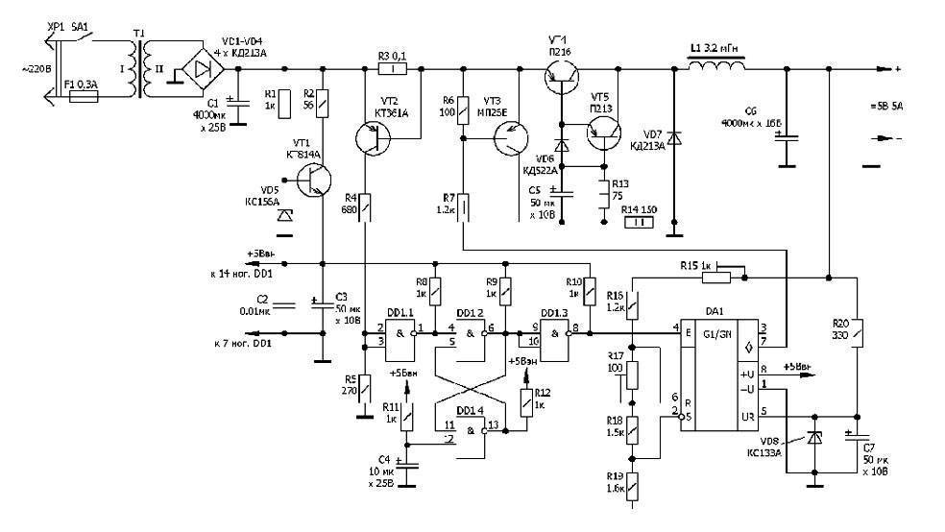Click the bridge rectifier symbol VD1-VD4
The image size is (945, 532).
pos(201,68)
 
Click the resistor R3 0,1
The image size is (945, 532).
pos(393,69)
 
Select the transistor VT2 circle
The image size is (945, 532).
pos(372,139)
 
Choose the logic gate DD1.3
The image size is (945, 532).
pos(554,335)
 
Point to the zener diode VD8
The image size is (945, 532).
pos(815,440)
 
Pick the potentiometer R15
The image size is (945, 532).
pos(715,278)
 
